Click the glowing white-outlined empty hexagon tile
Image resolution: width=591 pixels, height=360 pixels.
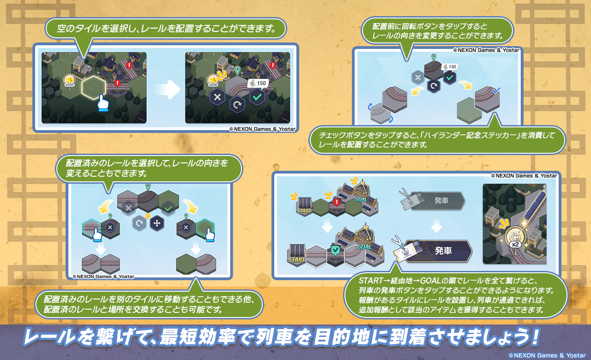pos(94,88)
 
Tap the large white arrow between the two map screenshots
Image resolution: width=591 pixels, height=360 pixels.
pos(167,90)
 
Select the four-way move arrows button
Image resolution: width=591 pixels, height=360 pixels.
pos(157,223)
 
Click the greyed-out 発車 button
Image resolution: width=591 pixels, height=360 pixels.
pos(437,201)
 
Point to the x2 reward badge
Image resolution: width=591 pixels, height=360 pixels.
pos(515,244)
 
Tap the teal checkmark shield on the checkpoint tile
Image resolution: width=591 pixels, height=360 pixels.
pos(335,250)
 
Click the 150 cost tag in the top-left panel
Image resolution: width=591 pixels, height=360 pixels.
pos(258,84)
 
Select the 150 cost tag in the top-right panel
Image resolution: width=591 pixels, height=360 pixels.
pos(450,67)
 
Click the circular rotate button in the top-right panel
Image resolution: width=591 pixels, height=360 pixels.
pos(434,86)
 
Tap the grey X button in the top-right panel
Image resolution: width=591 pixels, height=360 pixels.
pos(418,78)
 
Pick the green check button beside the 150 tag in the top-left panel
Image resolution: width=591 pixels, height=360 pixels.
pos(257,97)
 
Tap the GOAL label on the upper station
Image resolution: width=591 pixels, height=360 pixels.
pos(361,199)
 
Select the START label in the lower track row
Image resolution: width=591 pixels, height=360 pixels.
pos(296,260)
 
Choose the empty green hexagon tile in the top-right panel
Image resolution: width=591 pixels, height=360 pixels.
pos(469,110)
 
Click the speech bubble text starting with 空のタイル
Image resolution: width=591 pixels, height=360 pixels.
pos(166,28)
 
